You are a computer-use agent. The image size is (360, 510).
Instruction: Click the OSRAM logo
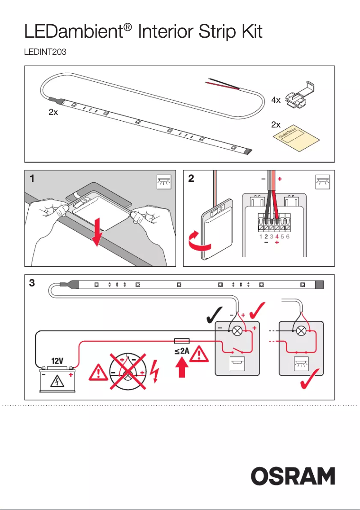coord(293,476)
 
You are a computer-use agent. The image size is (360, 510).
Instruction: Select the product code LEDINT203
coord(45,53)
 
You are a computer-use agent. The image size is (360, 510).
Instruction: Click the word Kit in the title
coord(247,32)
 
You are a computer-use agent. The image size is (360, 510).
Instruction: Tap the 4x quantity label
coord(276,100)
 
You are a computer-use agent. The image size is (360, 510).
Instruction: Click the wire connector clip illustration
coord(300,95)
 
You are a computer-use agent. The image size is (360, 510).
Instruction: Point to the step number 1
coord(32,179)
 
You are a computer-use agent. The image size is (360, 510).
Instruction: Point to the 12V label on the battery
coord(57,361)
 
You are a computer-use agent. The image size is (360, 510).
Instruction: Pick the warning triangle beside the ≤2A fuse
coord(200,355)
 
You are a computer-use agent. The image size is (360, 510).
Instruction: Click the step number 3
coord(32,283)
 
